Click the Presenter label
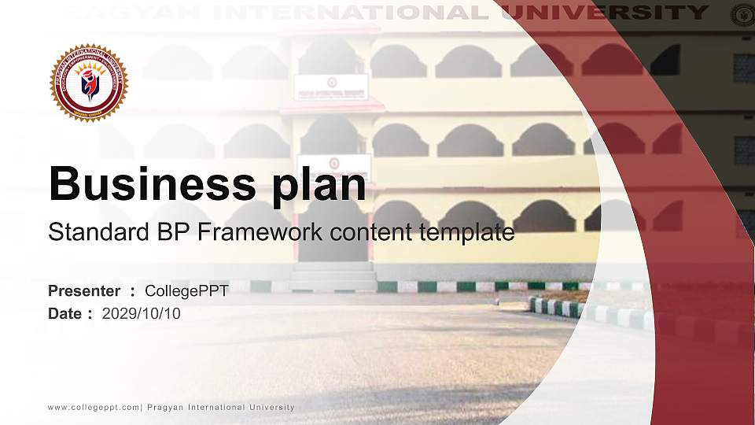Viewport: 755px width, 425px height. pyautogui.click(x=84, y=291)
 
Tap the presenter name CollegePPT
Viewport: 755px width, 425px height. pyautogui.click(x=186, y=291)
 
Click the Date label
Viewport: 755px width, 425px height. pyautogui.click(x=65, y=314)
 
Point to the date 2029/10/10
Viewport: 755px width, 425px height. pyautogui.click(x=142, y=314)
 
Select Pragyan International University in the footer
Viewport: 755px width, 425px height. pyautogui.click(x=221, y=407)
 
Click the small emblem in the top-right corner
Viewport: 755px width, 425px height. pyautogui.click(x=742, y=14)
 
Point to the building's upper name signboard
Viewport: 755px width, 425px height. pyautogui.click(x=331, y=86)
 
